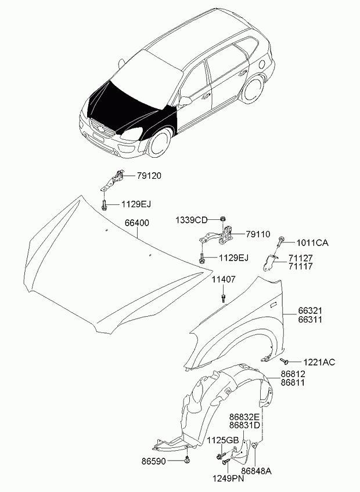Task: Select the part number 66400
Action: (136, 223)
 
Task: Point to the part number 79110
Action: (257, 234)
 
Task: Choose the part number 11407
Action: (223, 279)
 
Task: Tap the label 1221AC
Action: (319, 362)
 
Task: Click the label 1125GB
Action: (223, 440)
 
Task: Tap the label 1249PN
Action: (228, 479)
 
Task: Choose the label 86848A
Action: (256, 471)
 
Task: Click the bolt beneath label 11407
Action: (224, 299)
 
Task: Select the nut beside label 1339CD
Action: (222, 219)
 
